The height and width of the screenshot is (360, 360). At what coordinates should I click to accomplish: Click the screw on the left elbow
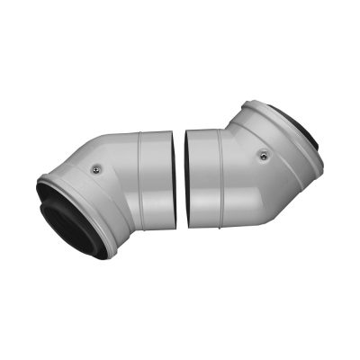(95, 166)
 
